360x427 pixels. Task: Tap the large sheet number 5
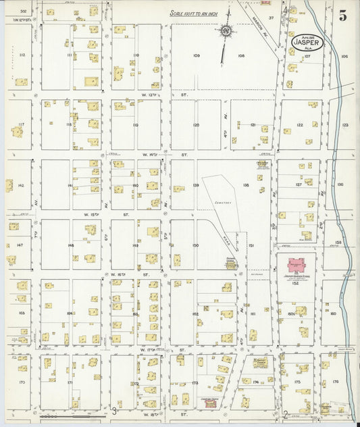[x=342, y=16]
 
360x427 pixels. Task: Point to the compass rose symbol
[x=226, y=30]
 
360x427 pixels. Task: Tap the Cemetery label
[x=224, y=203]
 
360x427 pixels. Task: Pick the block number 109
[x=197, y=55]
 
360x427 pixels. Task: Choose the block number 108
[x=241, y=55]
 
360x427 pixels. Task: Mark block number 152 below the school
[x=295, y=283]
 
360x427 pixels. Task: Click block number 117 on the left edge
[x=21, y=124]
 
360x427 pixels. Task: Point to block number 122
[x=299, y=125]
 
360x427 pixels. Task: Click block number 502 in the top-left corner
[x=22, y=11]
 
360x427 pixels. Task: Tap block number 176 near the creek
[x=336, y=382]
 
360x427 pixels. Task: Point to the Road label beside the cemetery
[x=226, y=240]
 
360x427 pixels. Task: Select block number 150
[x=195, y=245]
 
